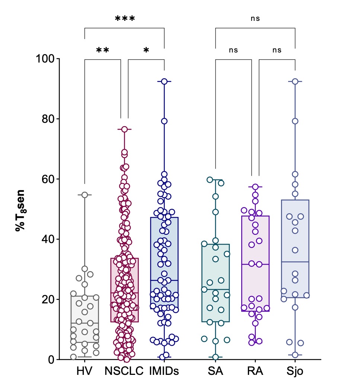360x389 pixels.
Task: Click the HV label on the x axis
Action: click(85, 372)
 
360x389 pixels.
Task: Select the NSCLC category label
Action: click(124, 372)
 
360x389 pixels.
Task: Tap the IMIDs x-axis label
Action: click(164, 372)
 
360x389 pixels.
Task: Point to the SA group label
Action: click(215, 372)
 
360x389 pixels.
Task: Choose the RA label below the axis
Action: click(255, 372)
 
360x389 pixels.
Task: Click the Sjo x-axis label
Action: click(295, 372)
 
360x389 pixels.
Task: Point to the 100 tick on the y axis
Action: click(46, 59)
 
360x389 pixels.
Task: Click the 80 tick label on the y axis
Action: click(48, 119)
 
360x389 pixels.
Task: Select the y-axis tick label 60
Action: click(48, 179)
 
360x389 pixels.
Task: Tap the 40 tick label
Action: click(48, 239)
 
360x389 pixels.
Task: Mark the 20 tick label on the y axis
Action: click(48, 299)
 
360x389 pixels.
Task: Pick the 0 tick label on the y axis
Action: click(51, 360)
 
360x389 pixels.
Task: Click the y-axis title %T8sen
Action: click(20, 211)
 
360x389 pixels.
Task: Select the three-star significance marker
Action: click(125, 19)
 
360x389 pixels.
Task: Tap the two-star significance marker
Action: click(102, 50)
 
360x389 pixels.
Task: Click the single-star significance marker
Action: click(146, 50)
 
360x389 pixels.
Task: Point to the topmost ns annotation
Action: click(255, 18)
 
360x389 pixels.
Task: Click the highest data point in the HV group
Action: click(85, 195)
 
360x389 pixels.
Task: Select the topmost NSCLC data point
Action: click(125, 129)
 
